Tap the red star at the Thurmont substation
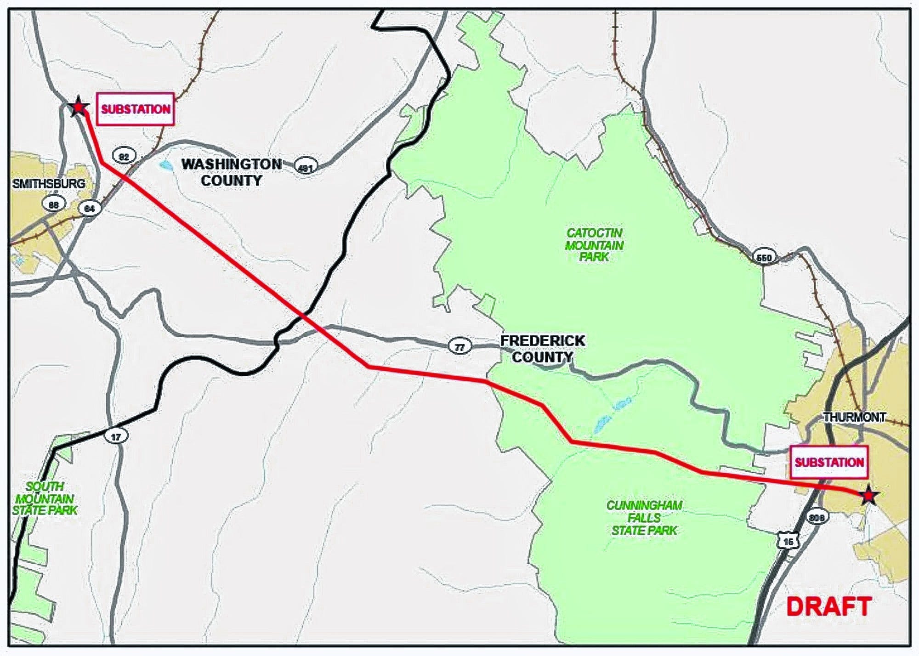tap(868, 496)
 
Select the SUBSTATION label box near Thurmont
tap(829, 462)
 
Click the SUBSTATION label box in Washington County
tap(136, 109)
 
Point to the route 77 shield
tap(459, 347)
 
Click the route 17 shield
tap(115, 436)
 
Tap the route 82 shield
tap(124, 156)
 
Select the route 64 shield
tap(90, 209)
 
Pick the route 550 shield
tap(764, 257)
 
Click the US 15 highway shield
tap(788, 541)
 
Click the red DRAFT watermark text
tap(829, 606)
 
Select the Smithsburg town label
tap(49, 184)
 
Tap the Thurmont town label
tap(854, 417)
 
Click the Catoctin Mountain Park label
tap(594, 245)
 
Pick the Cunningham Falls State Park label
tap(644, 518)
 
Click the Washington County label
tap(231, 172)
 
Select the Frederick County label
tap(542, 349)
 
